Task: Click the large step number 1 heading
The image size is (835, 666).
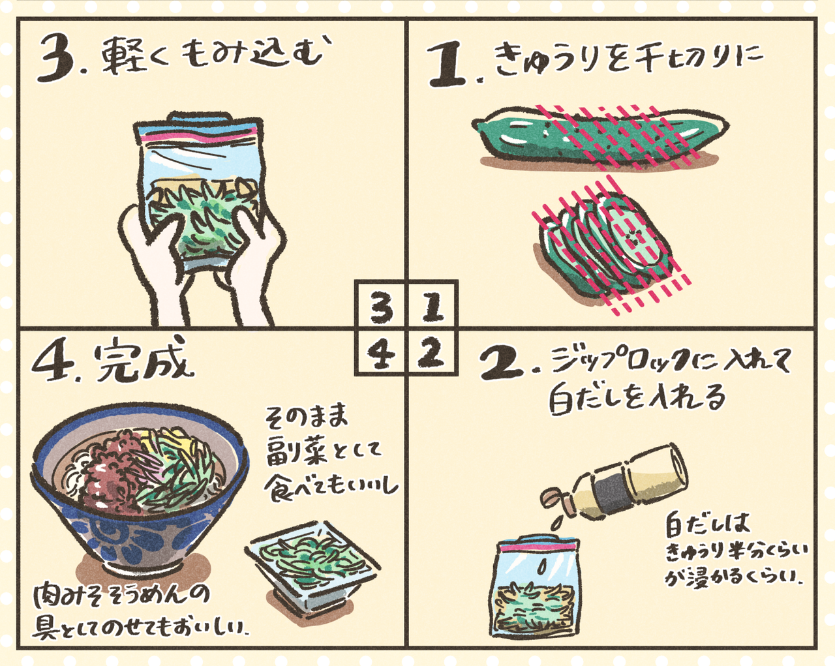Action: tap(449, 65)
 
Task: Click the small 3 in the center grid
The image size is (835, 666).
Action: tap(381, 307)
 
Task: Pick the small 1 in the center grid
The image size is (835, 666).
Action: tap(431, 307)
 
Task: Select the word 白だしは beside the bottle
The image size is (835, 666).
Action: tap(707, 524)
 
